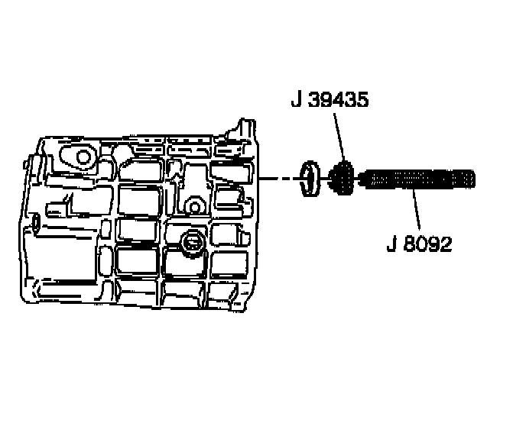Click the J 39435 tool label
point(329,101)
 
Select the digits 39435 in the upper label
point(339,101)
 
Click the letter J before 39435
point(295,101)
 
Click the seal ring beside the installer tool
point(309,179)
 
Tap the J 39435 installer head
point(342,180)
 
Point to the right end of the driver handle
point(474,180)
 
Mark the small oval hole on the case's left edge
point(37,222)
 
